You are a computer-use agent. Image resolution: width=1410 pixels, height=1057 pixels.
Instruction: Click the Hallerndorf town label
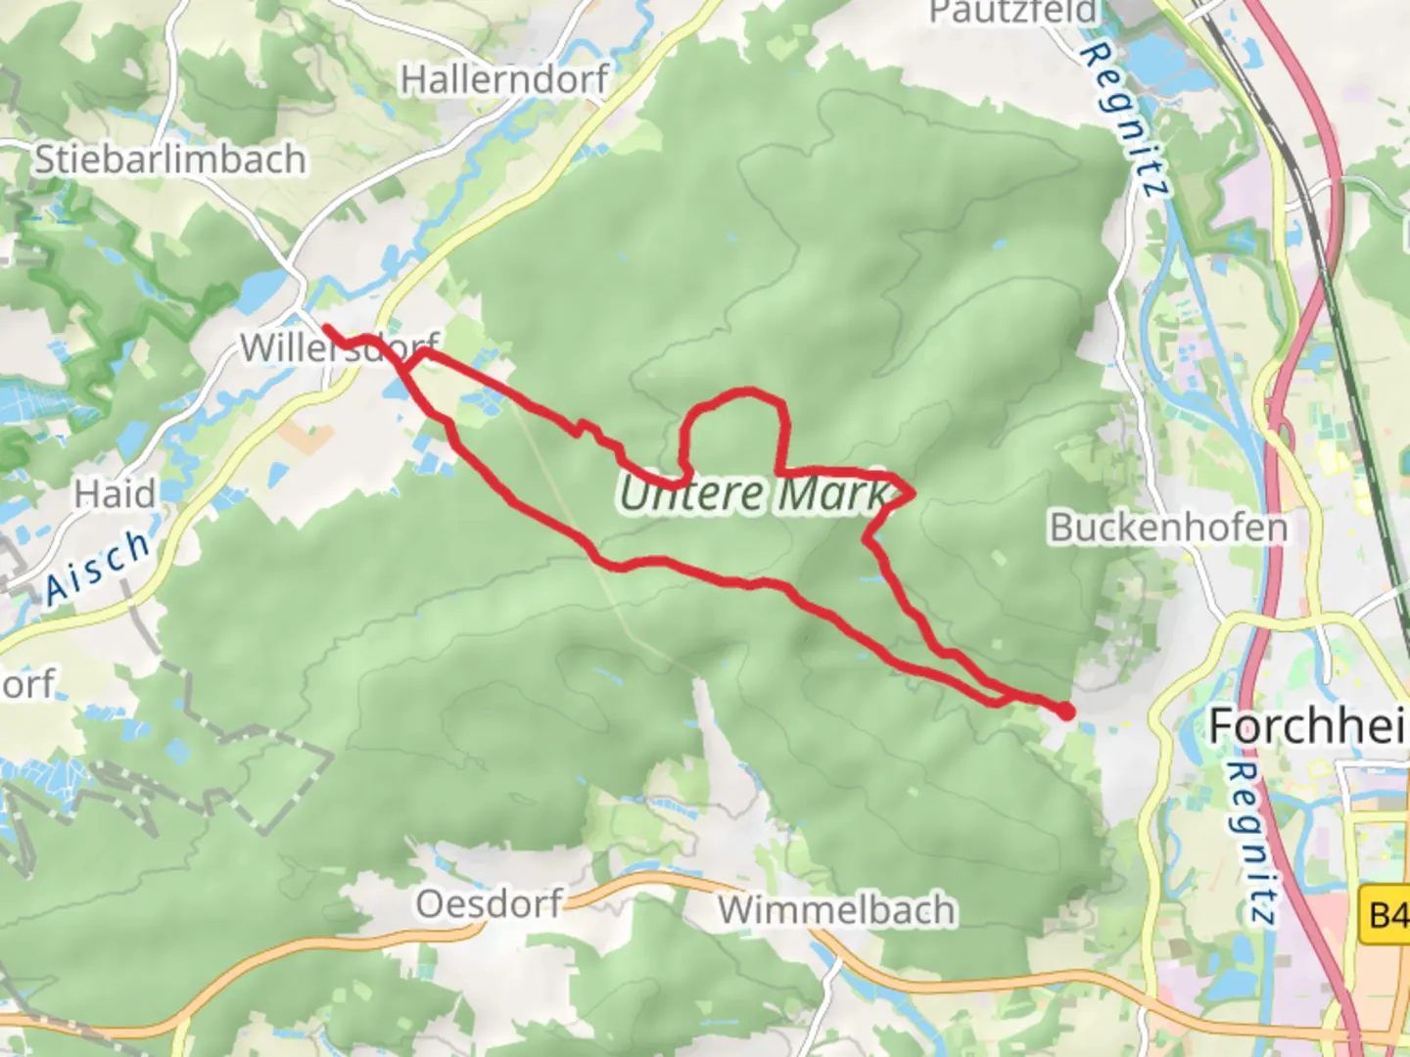pos(504,79)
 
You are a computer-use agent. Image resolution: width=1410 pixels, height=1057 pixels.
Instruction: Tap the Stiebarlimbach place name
pos(170,160)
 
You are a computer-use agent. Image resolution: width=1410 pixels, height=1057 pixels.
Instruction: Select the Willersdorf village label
pos(339,347)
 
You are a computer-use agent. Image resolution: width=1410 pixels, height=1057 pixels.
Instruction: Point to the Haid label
pos(115,494)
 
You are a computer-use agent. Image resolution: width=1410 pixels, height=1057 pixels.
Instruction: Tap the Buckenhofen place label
pos(1168,528)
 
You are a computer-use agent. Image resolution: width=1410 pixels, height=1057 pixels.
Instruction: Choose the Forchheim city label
pos(1307,726)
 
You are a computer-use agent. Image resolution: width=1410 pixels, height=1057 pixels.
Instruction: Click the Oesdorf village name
pos(489,903)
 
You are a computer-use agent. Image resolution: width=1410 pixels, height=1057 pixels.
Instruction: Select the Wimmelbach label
pos(836,910)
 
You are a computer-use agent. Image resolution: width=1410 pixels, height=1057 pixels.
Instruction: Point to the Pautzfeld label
pos(1013,13)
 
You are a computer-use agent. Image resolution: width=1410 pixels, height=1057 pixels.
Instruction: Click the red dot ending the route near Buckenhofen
pos(1064,712)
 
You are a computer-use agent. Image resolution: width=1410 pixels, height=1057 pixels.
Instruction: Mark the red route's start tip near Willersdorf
pos(326,329)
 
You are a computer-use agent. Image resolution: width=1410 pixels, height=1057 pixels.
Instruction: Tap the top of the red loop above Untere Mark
pos(746,391)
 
